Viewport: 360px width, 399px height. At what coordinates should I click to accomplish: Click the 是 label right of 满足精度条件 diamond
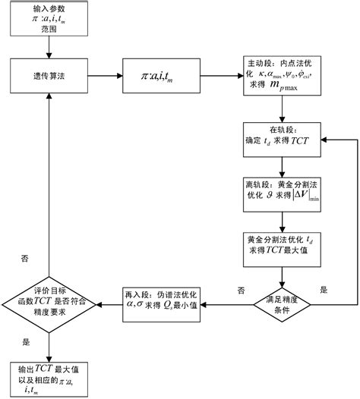click(x=324, y=290)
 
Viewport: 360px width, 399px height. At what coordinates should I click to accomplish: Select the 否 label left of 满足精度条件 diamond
click(x=241, y=290)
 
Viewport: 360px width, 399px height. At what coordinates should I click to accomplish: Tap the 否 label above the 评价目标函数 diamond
click(x=24, y=258)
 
